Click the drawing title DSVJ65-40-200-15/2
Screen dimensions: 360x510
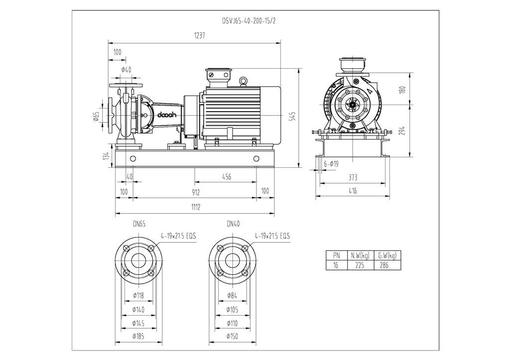pos(248,22)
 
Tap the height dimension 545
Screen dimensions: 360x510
pos(293,117)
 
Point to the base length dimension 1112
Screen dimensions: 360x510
pos(195,207)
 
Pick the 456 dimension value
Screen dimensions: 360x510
pos(226,177)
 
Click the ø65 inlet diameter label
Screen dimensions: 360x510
pos(97,117)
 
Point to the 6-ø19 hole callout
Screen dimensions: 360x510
pos(331,164)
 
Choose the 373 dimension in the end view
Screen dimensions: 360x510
pos(353,177)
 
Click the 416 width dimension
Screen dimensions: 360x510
pos(352,191)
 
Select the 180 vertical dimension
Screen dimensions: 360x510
pos(403,90)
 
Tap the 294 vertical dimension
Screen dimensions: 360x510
pos(403,130)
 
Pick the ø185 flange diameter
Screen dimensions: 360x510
pos(138,337)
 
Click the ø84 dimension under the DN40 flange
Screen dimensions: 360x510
pos(231,296)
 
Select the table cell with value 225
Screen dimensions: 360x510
pos(359,265)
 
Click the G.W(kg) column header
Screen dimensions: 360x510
pos(387,256)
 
